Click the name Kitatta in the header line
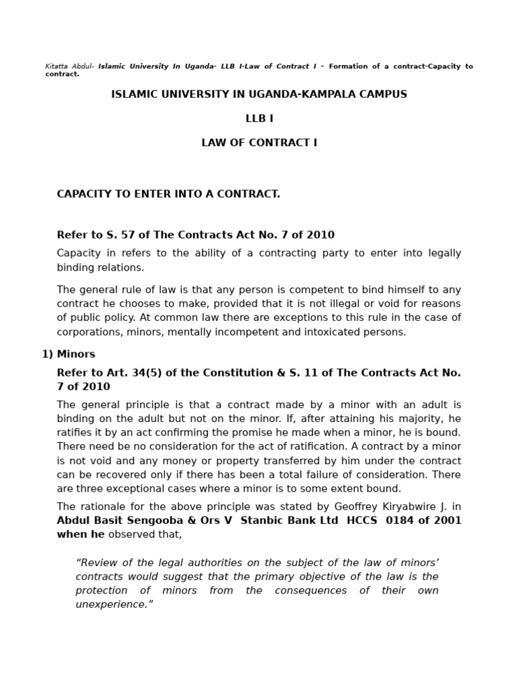click(x=56, y=66)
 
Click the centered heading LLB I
click(x=259, y=119)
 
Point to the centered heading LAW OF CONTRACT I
click(x=259, y=143)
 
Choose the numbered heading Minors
click(x=76, y=354)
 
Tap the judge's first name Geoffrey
click(x=343, y=506)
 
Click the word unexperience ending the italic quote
click(x=112, y=604)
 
